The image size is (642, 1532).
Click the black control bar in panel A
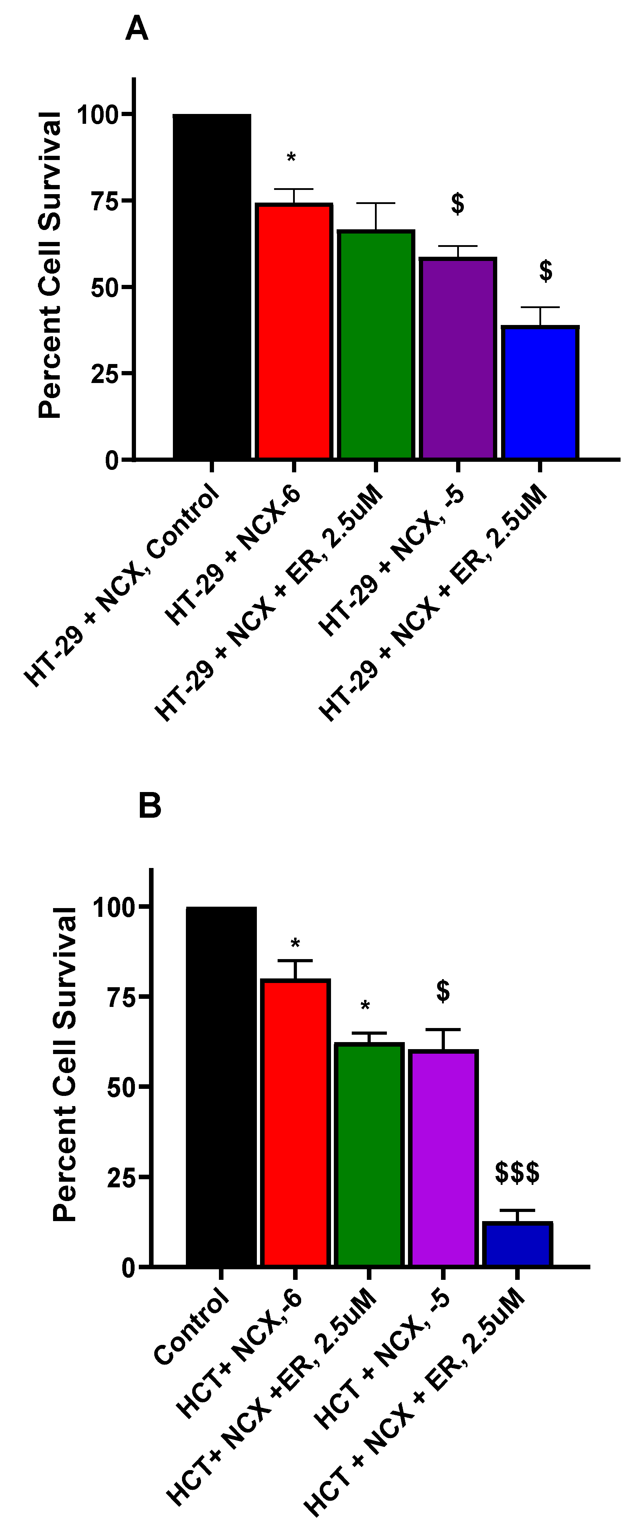click(212, 286)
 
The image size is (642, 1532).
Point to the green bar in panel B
click(369, 1154)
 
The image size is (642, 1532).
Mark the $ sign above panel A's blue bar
click(546, 270)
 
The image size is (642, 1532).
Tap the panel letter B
click(150, 806)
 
